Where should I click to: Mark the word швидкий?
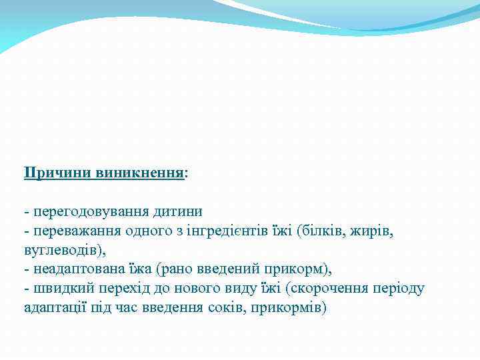click(58, 289)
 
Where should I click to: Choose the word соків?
click(225, 308)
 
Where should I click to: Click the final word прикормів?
click(289, 308)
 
